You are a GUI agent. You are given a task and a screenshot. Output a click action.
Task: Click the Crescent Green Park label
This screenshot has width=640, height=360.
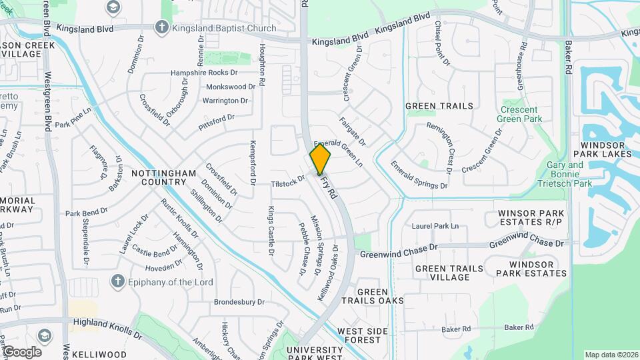(x=519, y=114)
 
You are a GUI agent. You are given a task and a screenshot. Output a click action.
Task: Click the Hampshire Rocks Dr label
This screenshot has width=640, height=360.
(x=205, y=73)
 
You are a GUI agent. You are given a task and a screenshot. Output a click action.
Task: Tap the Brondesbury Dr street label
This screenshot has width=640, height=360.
(x=239, y=302)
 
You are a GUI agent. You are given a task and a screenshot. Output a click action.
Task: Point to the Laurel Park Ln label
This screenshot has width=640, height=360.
(x=435, y=227)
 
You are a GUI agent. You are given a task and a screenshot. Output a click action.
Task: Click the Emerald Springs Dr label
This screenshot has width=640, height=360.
(x=419, y=175)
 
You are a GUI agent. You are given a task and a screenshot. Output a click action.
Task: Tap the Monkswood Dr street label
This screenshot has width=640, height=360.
(x=231, y=87)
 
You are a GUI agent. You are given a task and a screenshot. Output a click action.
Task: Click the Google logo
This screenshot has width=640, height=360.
(x=22, y=351)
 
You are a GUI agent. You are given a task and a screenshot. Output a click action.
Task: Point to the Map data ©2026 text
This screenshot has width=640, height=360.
(x=611, y=355)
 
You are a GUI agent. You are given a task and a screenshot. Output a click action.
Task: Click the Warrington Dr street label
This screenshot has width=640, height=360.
(x=225, y=101)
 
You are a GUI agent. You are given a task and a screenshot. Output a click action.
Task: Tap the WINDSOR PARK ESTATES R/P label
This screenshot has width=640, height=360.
(x=531, y=217)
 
